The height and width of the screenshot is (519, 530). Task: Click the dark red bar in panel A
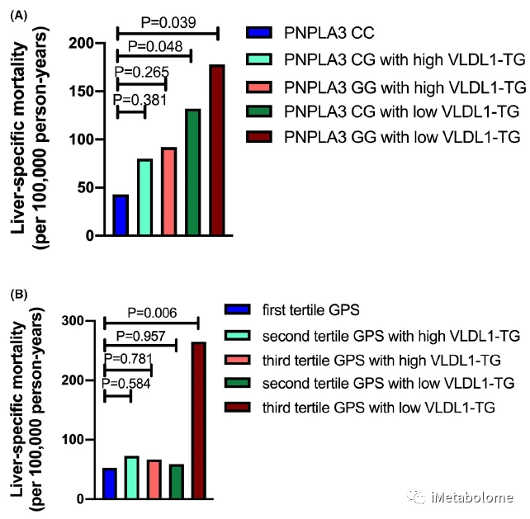(x=217, y=150)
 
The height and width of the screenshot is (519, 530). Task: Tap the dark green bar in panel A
(x=193, y=172)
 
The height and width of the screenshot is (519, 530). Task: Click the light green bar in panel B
(x=131, y=478)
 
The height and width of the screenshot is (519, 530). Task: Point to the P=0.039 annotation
(x=168, y=22)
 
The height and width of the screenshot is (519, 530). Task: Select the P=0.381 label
(x=140, y=100)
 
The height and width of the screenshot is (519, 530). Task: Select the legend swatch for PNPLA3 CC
(x=259, y=33)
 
